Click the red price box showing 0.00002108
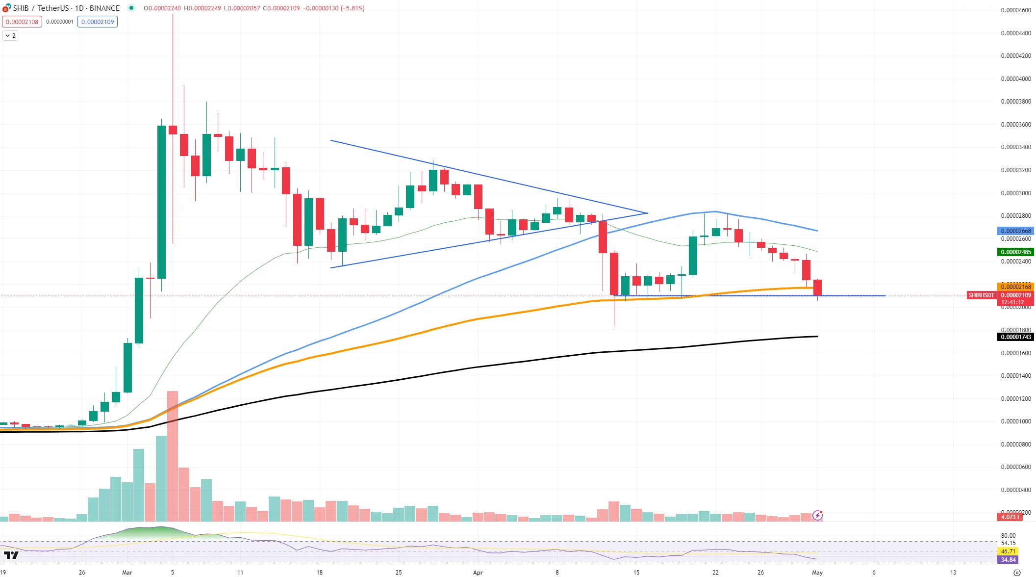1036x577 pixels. coord(22,22)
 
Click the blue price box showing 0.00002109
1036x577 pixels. coord(98,22)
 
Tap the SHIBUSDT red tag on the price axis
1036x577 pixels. coord(981,295)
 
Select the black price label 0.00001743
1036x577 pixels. coord(1016,337)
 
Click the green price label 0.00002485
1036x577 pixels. coord(1016,252)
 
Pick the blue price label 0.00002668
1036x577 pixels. coord(1016,231)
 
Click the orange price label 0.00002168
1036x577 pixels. coord(1016,287)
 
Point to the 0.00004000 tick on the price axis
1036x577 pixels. coord(1016,79)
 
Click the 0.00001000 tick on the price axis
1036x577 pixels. coord(1016,421)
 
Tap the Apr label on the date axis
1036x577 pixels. coord(478,572)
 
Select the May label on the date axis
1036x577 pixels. coord(817,572)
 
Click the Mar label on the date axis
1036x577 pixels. coord(127,572)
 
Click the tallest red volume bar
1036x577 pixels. coord(173,456)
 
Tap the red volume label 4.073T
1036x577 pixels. coord(1010,517)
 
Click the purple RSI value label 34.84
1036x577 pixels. coord(1009,560)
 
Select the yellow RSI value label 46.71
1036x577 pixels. coord(1009,551)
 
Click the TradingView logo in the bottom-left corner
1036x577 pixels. coord(11,555)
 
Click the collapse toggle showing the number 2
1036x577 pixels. coord(10,36)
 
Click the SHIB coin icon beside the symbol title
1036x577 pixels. coord(6,8)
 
